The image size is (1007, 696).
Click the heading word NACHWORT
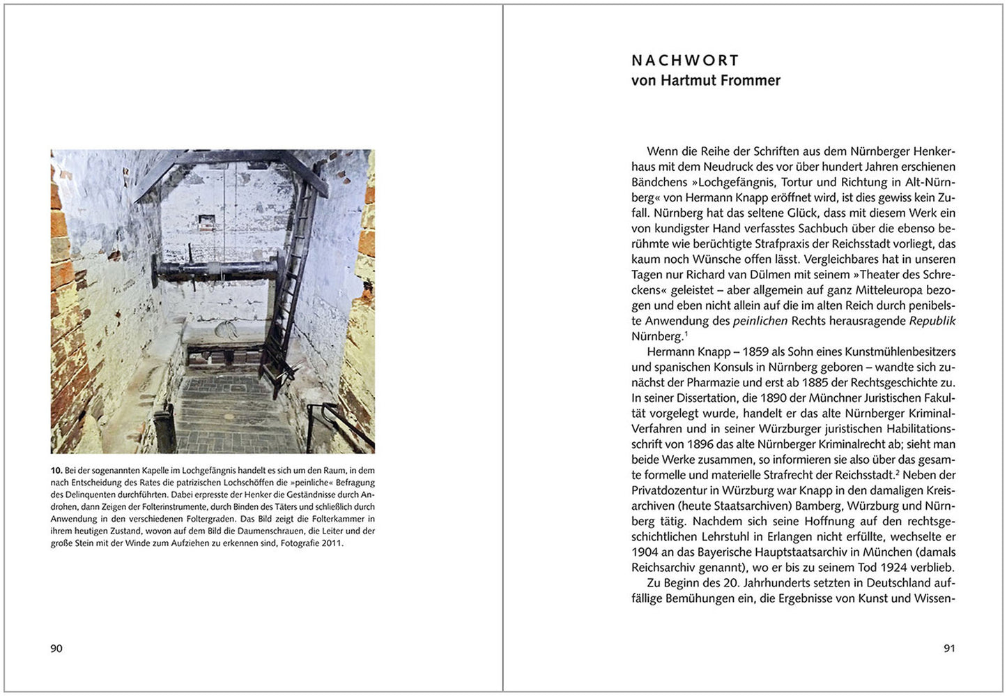pos(685,61)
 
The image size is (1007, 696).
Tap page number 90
pos(56,649)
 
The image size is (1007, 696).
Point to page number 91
pos(949,649)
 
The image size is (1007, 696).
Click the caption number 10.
pos(56,471)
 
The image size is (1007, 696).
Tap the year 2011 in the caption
pos(332,543)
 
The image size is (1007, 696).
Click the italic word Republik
pos(932,321)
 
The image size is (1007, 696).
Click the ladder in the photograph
pos(291,300)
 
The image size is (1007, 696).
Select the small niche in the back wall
pos(206,221)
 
